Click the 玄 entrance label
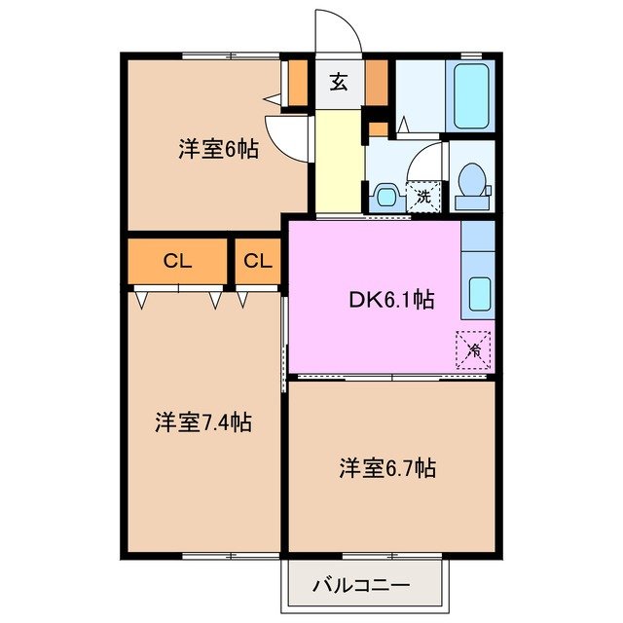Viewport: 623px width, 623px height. click(x=339, y=82)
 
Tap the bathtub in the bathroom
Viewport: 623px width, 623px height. click(x=471, y=95)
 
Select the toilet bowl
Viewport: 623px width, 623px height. click(x=472, y=182)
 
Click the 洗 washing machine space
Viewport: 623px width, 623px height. click(x=422, y=196)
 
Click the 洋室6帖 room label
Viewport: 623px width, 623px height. click(x=218, y=150)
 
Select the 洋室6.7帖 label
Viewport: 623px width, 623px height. click(x=386, y=468)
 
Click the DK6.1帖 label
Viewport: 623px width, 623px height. click(x=392, y=301)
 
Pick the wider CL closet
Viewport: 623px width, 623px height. click(x=177, y=261)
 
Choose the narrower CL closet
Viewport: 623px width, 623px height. click(x=257, y=261)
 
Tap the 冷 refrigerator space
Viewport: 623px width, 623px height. click(x=474, y=348)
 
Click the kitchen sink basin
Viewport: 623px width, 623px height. click(x=479, y=293)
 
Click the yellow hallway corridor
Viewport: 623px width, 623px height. click(x=339, y=161)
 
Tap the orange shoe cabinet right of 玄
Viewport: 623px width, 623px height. click(x=377, y=84)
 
